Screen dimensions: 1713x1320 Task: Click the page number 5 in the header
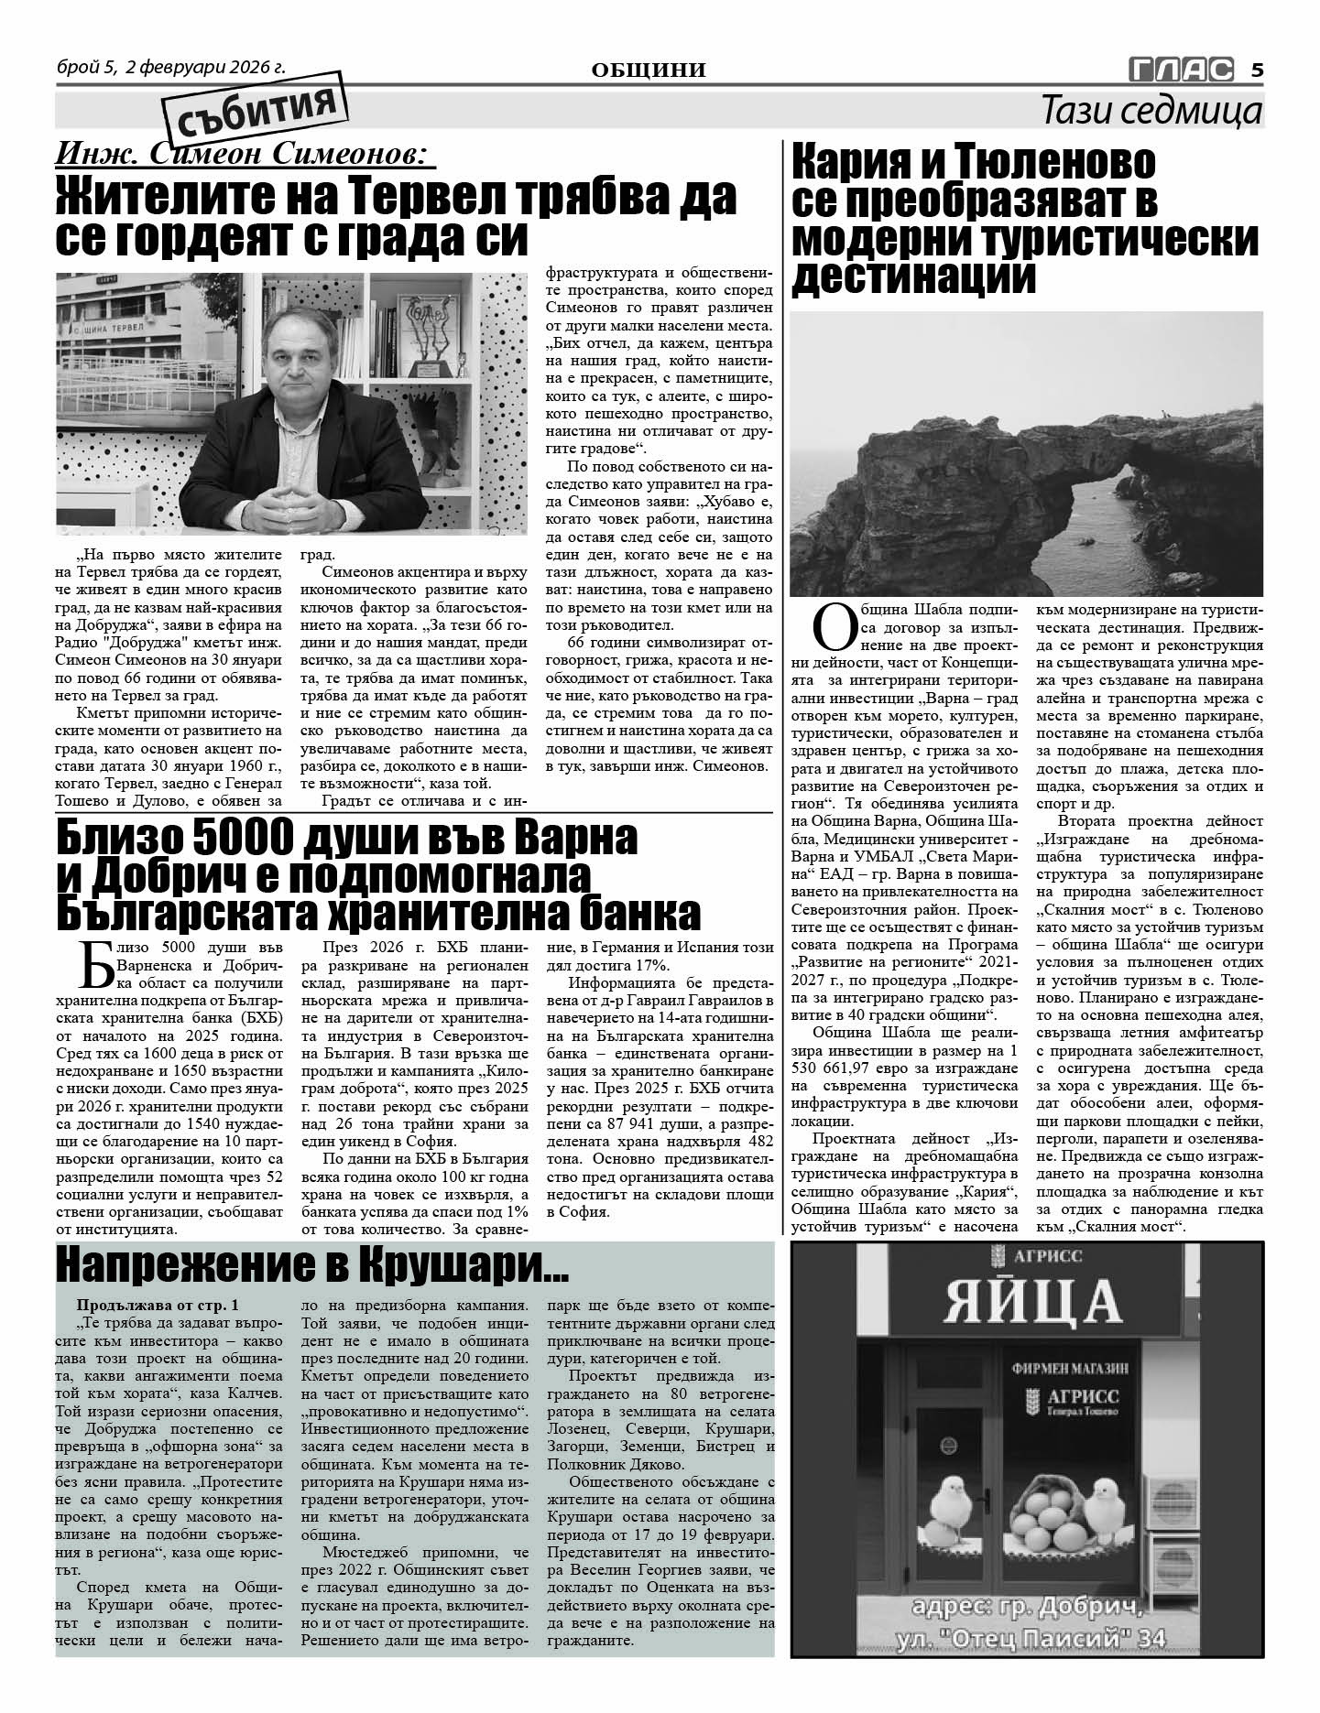coord(1257,70)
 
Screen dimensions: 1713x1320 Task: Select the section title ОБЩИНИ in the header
coord(649,70)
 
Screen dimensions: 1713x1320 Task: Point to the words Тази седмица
coord(1151,111)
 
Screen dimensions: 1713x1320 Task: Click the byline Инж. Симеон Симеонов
coord(245,154)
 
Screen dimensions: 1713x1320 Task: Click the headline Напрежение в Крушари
coord(311,1266)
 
